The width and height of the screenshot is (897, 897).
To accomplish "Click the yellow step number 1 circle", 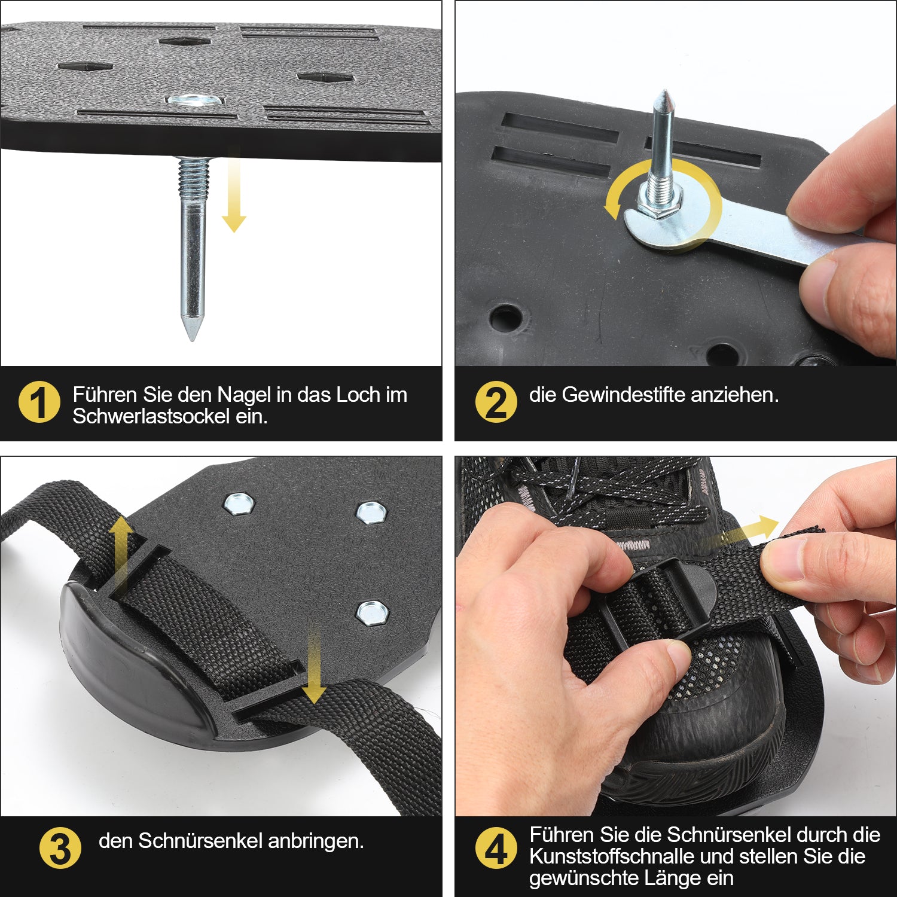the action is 39,402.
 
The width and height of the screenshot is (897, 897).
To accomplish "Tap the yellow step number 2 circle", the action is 496,402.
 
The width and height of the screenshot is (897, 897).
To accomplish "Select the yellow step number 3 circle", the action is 60,848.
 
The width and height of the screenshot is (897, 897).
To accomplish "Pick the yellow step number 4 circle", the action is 496,848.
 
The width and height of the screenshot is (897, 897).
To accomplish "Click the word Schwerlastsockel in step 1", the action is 151,416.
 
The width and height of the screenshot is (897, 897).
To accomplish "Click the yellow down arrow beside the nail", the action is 234,190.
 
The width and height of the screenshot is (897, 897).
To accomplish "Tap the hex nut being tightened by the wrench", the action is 659,205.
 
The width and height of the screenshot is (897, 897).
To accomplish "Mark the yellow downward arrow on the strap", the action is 313,665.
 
